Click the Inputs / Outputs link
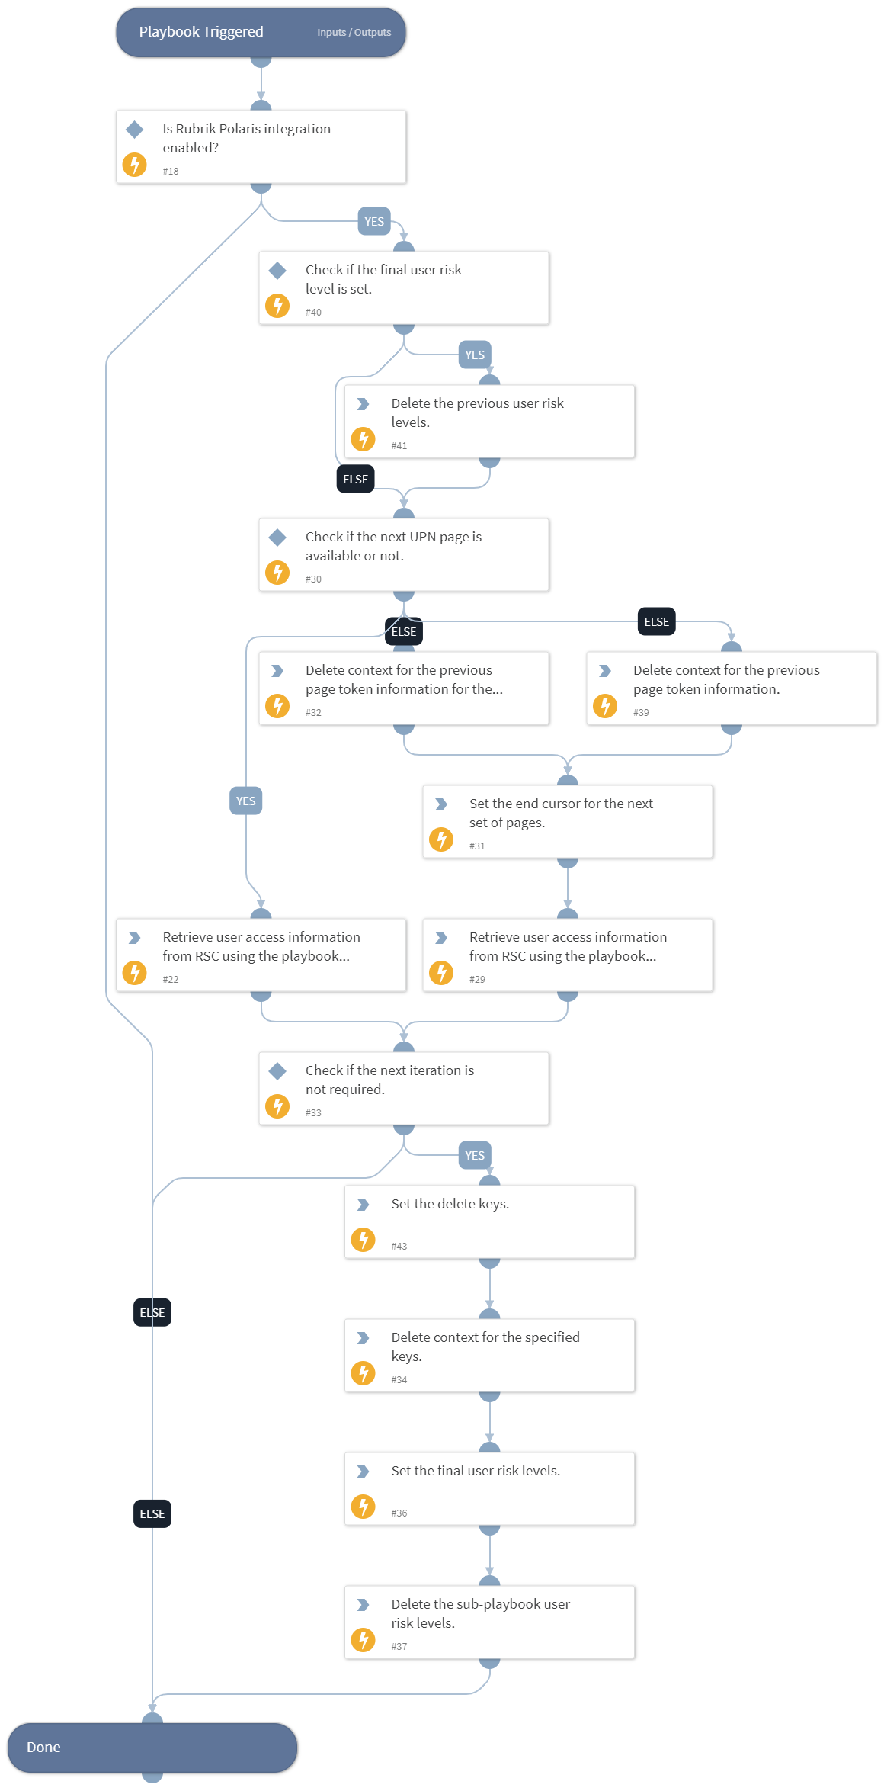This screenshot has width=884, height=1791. pos(354,33)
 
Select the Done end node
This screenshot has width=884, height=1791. pos(152,1747)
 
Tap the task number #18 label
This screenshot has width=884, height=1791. pos(171,172)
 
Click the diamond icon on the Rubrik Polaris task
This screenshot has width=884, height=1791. pos(135,129)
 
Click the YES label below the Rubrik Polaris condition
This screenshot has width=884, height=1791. pos(374,222)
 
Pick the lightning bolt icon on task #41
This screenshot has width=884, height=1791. pos(363,439)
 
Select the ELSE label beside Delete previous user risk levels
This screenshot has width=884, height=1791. pos(355,479)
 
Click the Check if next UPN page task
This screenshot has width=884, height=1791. pos(403,554)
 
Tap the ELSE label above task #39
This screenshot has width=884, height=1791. pos(656,622)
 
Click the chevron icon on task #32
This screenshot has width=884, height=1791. pos(277,671)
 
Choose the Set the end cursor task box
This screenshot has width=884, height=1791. pos(567,821)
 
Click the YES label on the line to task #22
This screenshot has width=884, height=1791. pos(245,801)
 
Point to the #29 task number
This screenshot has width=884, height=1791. pos(477,980)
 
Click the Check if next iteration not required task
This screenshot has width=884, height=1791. pos(403,1088)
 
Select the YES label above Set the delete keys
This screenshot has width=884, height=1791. pos(474,1155)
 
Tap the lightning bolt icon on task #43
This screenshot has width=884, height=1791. pos(363,1240)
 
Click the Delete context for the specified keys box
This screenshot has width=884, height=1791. pos(489,1355)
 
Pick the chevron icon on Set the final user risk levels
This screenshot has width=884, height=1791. pos(363,1472)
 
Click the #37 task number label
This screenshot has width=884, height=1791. pos(399,1647)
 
